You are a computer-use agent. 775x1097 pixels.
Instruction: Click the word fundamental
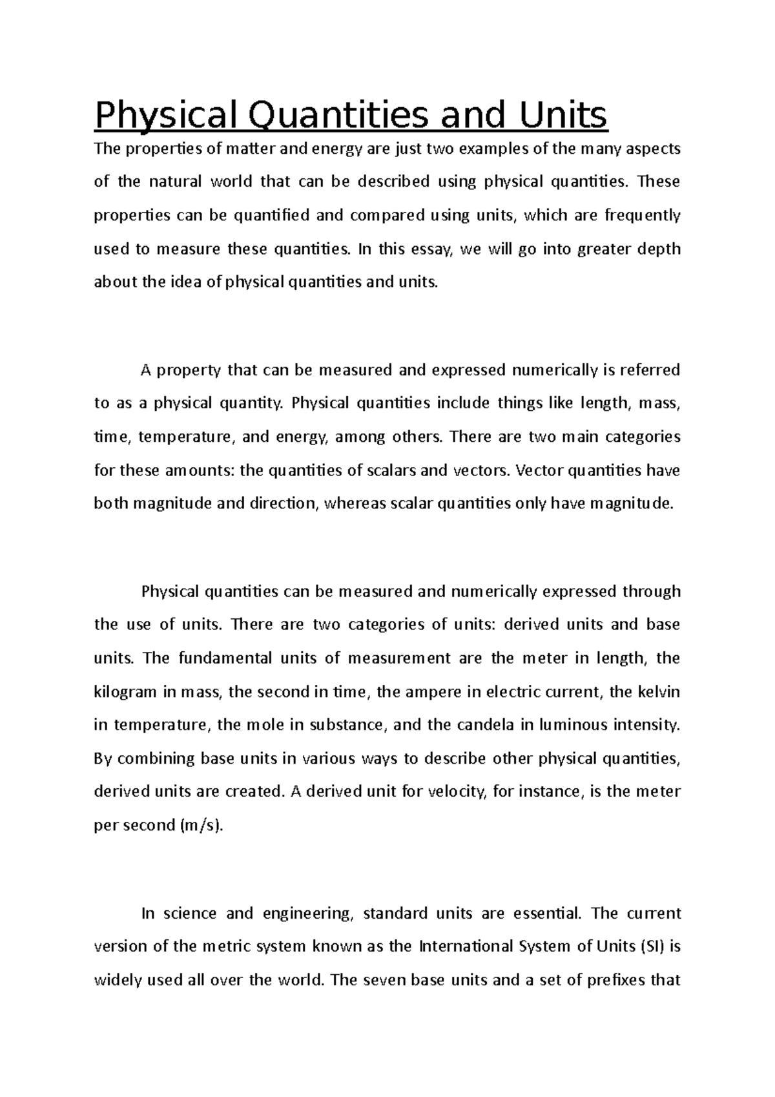[x=223, y=658]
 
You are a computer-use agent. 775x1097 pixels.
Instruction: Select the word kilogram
[x=126, y=692]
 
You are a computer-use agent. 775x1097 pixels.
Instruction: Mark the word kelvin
[x=658, y=692]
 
